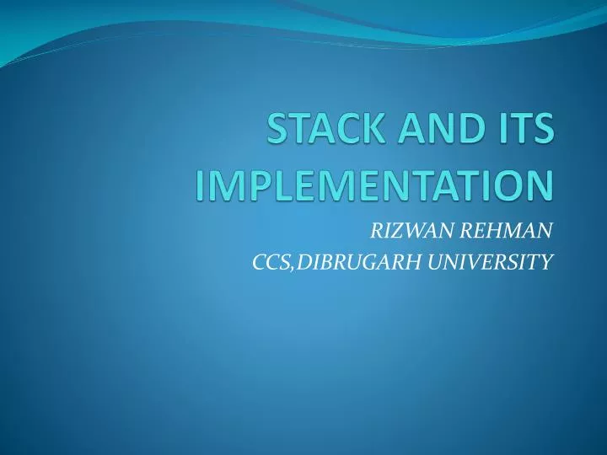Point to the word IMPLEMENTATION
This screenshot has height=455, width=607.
tap(375, 185)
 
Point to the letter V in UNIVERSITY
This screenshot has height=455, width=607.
tap(474, 263)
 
